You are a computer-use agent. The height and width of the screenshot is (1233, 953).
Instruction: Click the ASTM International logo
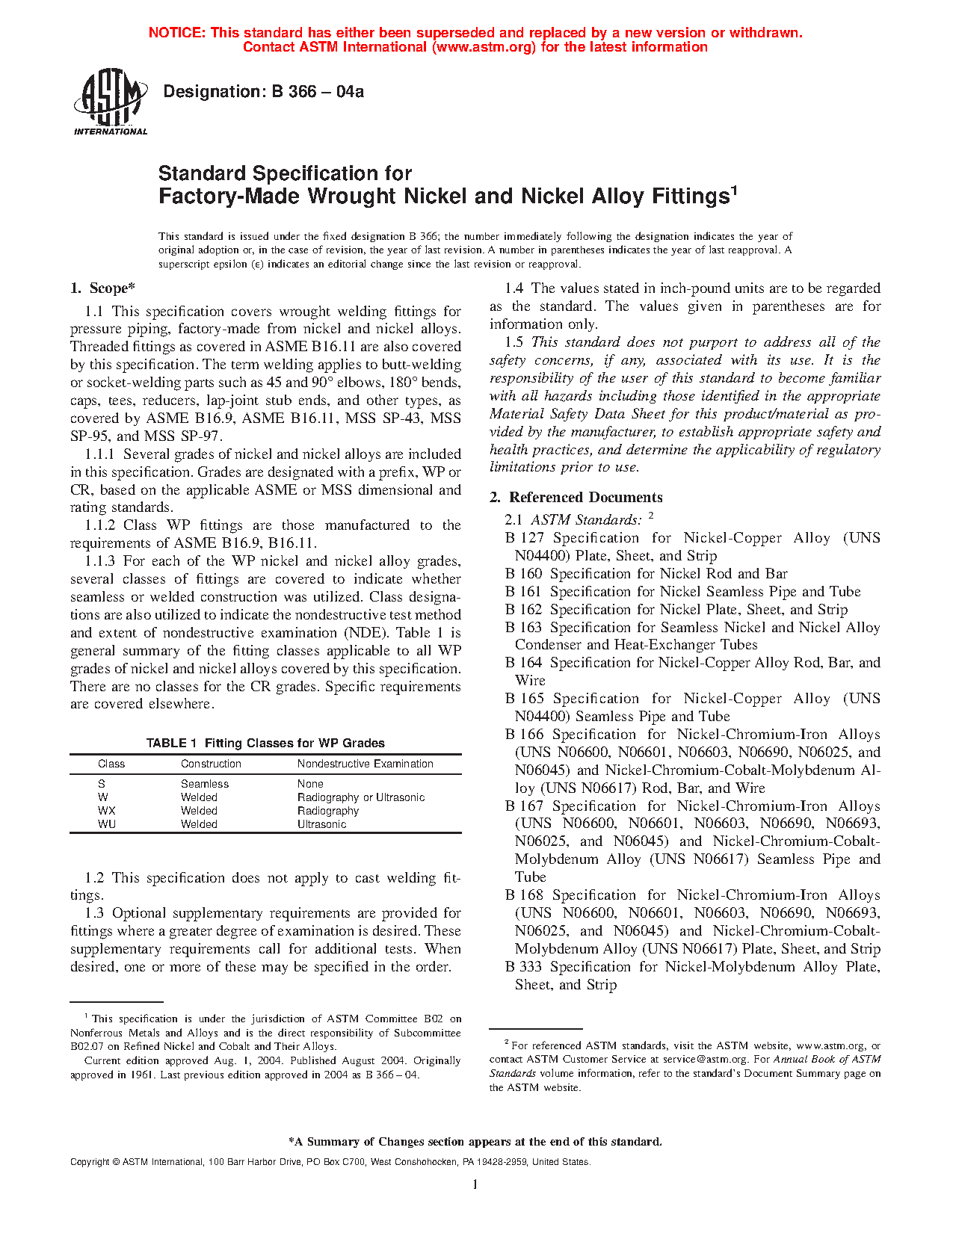point(110,102)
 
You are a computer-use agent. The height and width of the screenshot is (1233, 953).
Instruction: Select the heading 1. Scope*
point(102,288)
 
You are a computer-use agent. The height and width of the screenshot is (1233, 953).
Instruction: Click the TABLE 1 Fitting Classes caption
point(265,743)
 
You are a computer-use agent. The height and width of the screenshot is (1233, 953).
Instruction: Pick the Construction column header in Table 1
point(211,764)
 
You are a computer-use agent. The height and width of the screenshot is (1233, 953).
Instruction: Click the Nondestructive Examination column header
point(365,764)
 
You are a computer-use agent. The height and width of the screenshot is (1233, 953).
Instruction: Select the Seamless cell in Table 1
point(204,784)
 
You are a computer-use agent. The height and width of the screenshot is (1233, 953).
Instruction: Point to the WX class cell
point(106,811)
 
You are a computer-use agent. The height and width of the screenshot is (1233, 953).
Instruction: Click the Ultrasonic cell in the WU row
point(321,824)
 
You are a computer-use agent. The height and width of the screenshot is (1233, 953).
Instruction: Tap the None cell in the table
point(310,784)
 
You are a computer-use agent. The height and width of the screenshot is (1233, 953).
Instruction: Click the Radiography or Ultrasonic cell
point(360,797)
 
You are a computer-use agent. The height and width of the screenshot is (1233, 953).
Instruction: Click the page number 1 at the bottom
point(475,1184)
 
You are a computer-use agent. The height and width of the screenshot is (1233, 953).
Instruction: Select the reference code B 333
point(523,967)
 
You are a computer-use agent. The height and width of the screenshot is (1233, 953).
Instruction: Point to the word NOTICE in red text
point(176,33)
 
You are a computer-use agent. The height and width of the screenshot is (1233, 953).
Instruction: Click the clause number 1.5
point(514,342)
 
